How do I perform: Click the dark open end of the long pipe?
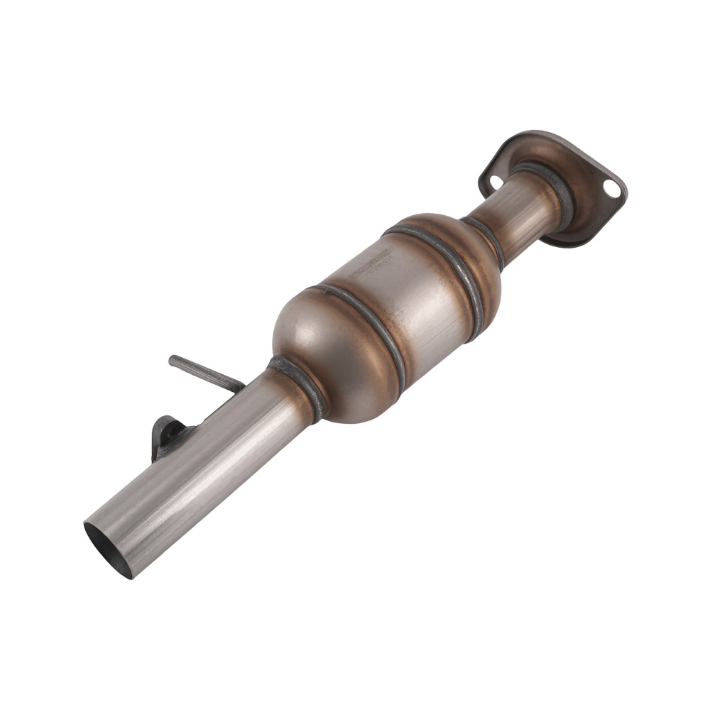(x=108, y=548)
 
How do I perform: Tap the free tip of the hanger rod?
(x=173, y=360)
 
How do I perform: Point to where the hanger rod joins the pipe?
(x=238, y=388)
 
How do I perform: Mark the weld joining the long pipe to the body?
(x=298, y=387)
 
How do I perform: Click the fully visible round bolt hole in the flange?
(x=610, y=188)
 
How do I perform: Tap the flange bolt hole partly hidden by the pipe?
(x=496, y=182)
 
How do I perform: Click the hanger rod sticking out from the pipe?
(x=206, y=373)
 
